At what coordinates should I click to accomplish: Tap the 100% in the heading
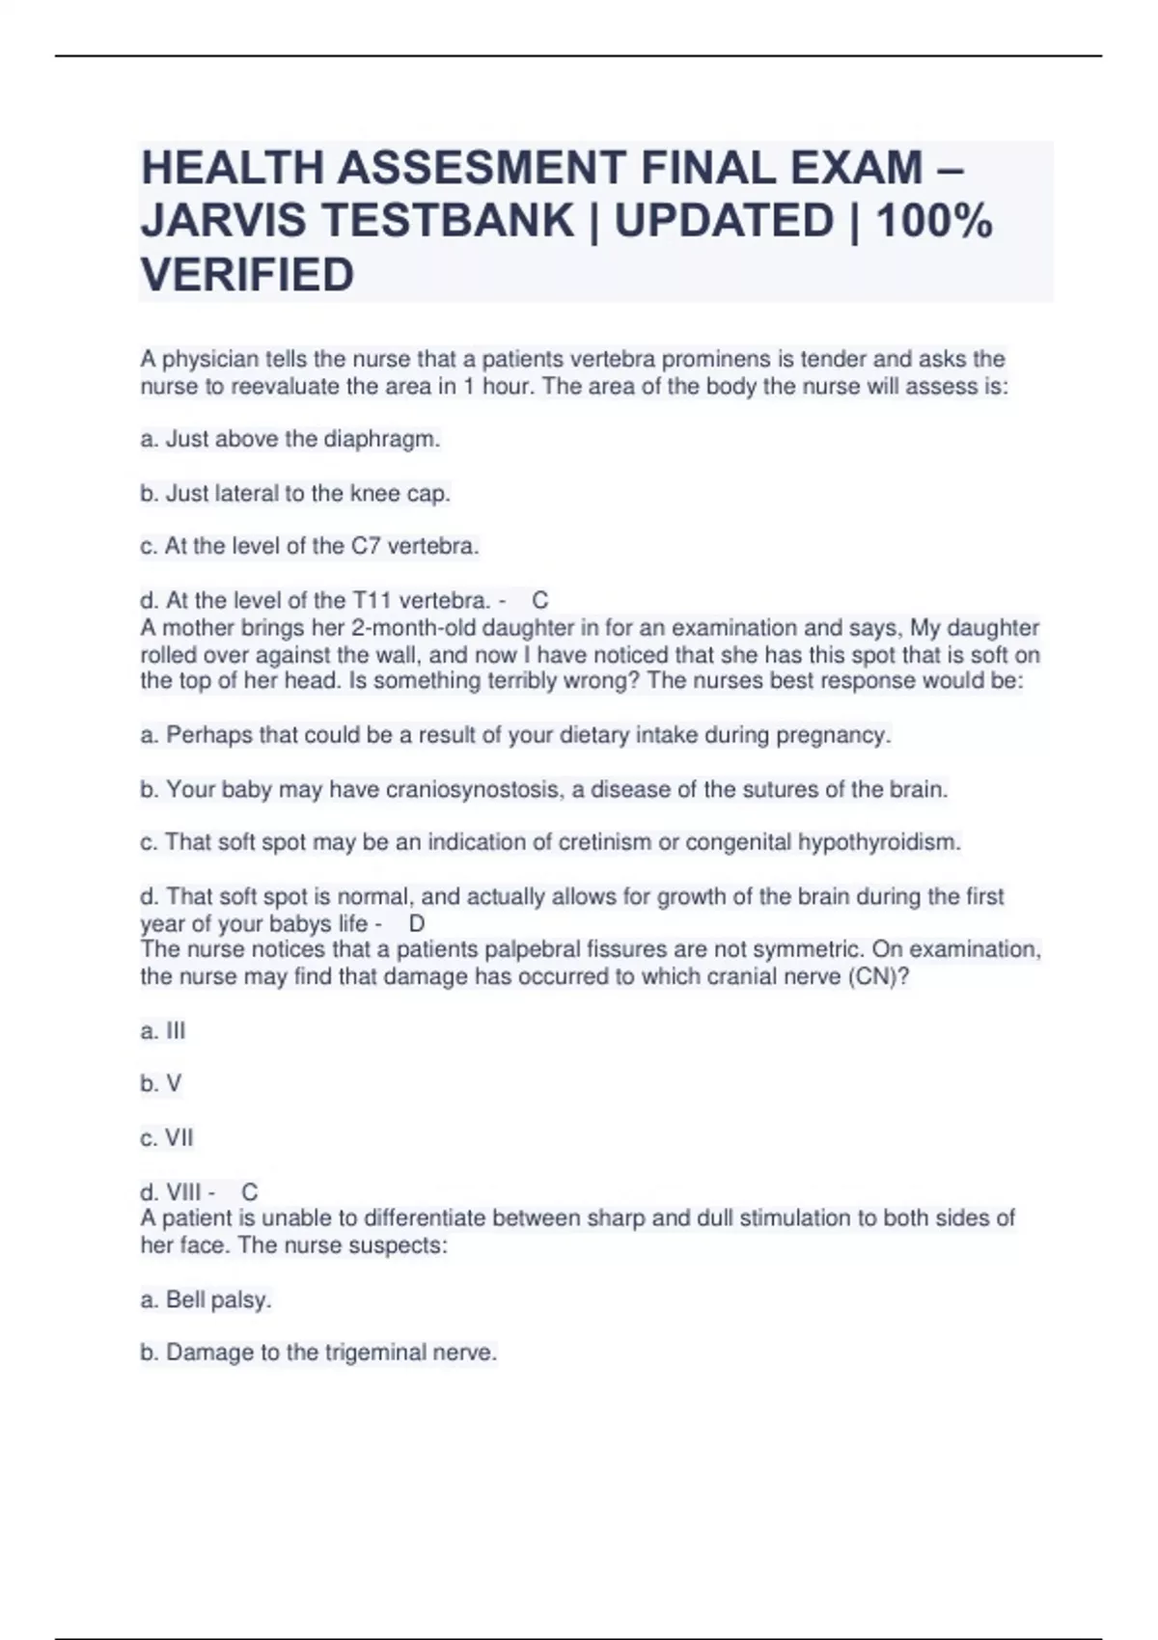coord(933,221)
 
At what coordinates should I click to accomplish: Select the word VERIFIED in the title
coord(248,275)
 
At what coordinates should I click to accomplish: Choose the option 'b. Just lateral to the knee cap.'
coord(295,494)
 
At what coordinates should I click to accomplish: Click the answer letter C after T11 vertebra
coord(540,601)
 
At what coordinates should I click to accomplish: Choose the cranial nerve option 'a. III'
coord(163,1031)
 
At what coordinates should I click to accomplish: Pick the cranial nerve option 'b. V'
coord(161,1084)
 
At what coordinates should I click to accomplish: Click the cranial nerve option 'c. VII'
coord(167,1138)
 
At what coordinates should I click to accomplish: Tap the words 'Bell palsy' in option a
coord(218,1300)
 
